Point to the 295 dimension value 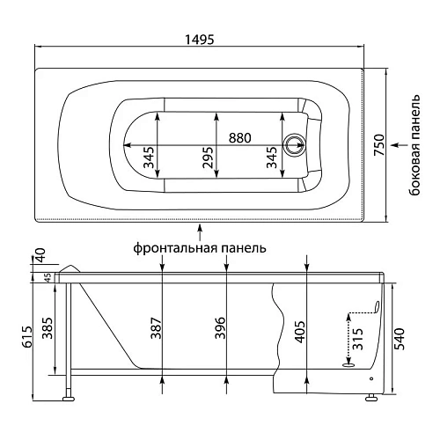(208, 157)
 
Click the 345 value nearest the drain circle (274, 157)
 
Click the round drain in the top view (293, 143)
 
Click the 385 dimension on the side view (48, 328)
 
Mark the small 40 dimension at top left (40, 254)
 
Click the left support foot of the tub (67, 398)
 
